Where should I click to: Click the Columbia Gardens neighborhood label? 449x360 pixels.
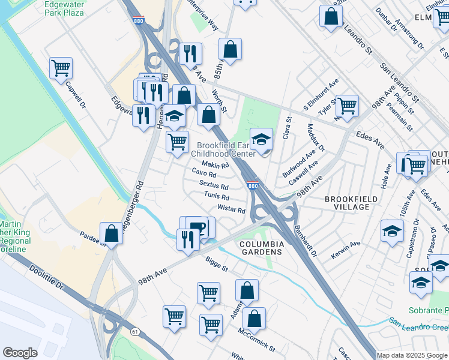click(261, 248)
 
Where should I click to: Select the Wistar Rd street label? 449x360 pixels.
click(232, 210)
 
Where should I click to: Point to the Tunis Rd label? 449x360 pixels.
click(217, 196)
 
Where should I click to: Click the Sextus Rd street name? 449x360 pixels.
click(214, 185)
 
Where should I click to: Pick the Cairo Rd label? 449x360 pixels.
click(204, 173)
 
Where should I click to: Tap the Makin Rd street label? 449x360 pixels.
click(215, 164)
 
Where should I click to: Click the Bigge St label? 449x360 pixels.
click(217, 265)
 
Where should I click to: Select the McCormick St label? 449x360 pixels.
click(256, 340)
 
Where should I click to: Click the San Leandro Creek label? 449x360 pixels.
click(418, 326)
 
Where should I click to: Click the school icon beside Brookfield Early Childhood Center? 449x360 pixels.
click(261, 140)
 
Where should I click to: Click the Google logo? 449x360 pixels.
click(20, 353)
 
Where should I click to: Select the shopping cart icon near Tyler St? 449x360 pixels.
click(347, 106)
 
